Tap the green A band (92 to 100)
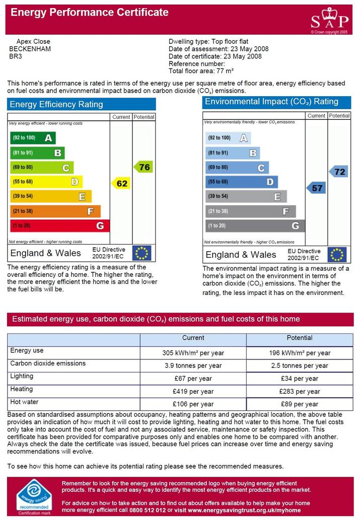coord(33,137)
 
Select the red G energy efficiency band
coord(60,226)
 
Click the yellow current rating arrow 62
coord(121,183)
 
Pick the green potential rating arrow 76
coord(143,167)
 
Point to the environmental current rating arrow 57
coord(316,188)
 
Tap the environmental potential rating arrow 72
coord(338,172)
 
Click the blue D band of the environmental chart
coord(242,182)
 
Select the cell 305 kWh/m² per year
coord(193,353)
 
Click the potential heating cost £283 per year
coord(300,391)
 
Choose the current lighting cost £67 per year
coord(193,379)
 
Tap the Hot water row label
coord(24,402)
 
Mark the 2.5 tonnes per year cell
coord(300,365)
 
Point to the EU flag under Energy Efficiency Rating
coord(141,253)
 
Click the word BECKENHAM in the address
coord(30,49)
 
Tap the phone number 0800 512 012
coord(148,510)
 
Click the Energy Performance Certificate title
coord(90,12)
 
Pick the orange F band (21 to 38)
coord(55,211)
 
